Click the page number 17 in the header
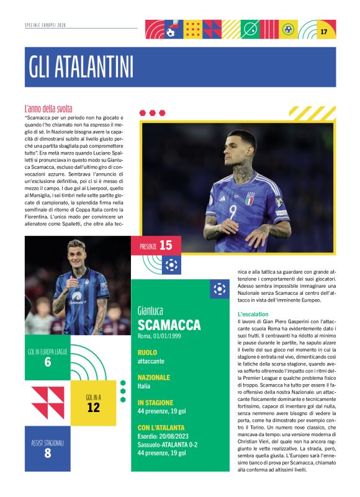pyautogui.click(x=324, y=31)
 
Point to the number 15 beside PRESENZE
pyautogui.click(x=165, y=245)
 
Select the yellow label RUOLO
pyautogui.click(x=148, y=352)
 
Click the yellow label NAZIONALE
pyautogui.click(x=154, y=377)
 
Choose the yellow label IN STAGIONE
pyautogui.click(x=156, y=402)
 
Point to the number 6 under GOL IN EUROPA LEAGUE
pyautogui.click(x=48, y=362)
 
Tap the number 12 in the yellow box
pyautogui.click(x=93, y=408)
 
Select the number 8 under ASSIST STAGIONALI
pyautogui.click(x=48, y=453)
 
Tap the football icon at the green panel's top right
pyautogui.click(x=219, y=289)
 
